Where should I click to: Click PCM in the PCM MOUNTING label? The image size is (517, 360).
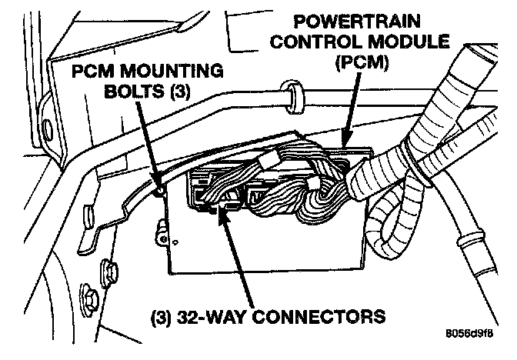92,72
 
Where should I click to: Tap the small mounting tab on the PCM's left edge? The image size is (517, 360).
162,228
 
